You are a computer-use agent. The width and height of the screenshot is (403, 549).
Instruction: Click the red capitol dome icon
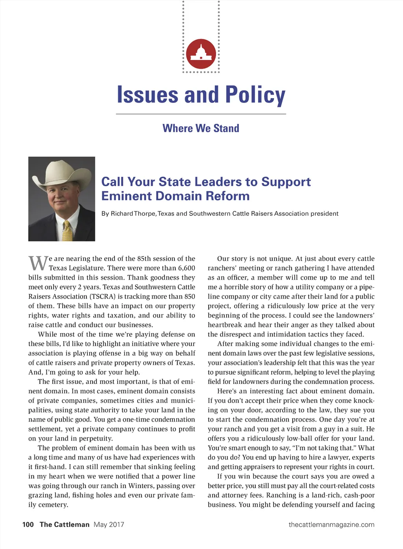click(201, 54)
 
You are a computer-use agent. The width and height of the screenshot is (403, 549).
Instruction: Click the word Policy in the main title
click(255, 95)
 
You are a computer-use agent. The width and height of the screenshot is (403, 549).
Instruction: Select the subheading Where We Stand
click(201, 128)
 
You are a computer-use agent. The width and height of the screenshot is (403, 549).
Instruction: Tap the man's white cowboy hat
click(63, 172)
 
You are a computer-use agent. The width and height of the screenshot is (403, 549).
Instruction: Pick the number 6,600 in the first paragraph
click(186, 268)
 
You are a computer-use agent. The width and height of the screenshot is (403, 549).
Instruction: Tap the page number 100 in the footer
click(28, 525)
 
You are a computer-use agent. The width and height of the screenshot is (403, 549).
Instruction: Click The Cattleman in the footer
click(65, 525)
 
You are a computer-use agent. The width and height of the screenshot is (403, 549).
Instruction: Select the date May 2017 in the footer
click(109, 525)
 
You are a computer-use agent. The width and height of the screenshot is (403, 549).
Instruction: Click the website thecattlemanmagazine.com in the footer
click(331, 525)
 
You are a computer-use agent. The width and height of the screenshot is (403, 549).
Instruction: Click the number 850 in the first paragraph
click(189, 297)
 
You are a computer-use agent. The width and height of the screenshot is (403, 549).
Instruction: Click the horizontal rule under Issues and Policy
click(201, 114)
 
